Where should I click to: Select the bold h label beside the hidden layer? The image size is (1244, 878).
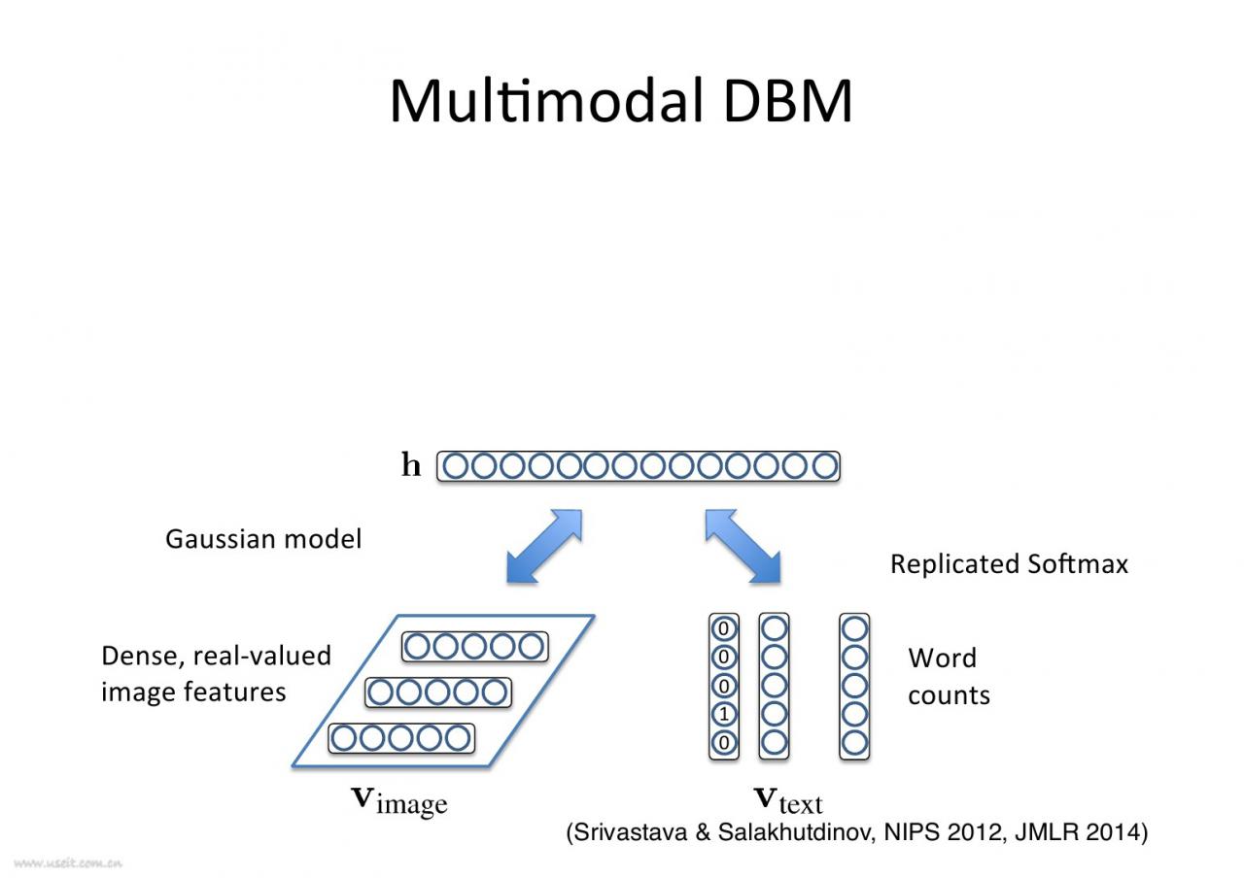(412, 466)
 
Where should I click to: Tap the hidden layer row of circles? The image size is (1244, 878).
(638, 467)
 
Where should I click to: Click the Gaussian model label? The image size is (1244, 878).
(262, 539)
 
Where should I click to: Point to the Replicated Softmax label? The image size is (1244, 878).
(1009, 564)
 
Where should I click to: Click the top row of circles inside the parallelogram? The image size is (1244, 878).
(475, 647)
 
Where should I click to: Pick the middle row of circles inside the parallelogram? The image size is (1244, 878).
(438, 692)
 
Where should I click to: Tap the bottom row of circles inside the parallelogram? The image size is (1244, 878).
(401, 739)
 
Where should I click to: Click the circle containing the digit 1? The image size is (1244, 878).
(724, 715)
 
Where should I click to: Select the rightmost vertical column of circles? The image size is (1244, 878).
(854, 686)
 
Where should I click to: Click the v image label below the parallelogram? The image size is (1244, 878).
(398, 801)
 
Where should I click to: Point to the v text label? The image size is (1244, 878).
(787, 800)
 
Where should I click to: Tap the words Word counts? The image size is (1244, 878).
(948, 677)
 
